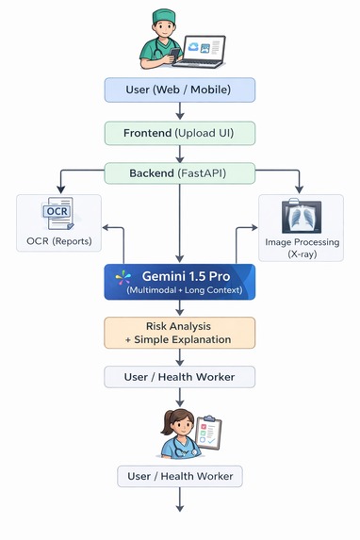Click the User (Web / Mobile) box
click(x=179, y=90)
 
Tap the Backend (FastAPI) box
click(x=179, y=172)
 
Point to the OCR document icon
click(x=57, y=217)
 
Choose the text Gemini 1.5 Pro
click(x=186, y=275)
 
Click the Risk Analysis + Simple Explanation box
click(x=179, y=332)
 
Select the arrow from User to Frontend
click(x=179, y=111)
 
